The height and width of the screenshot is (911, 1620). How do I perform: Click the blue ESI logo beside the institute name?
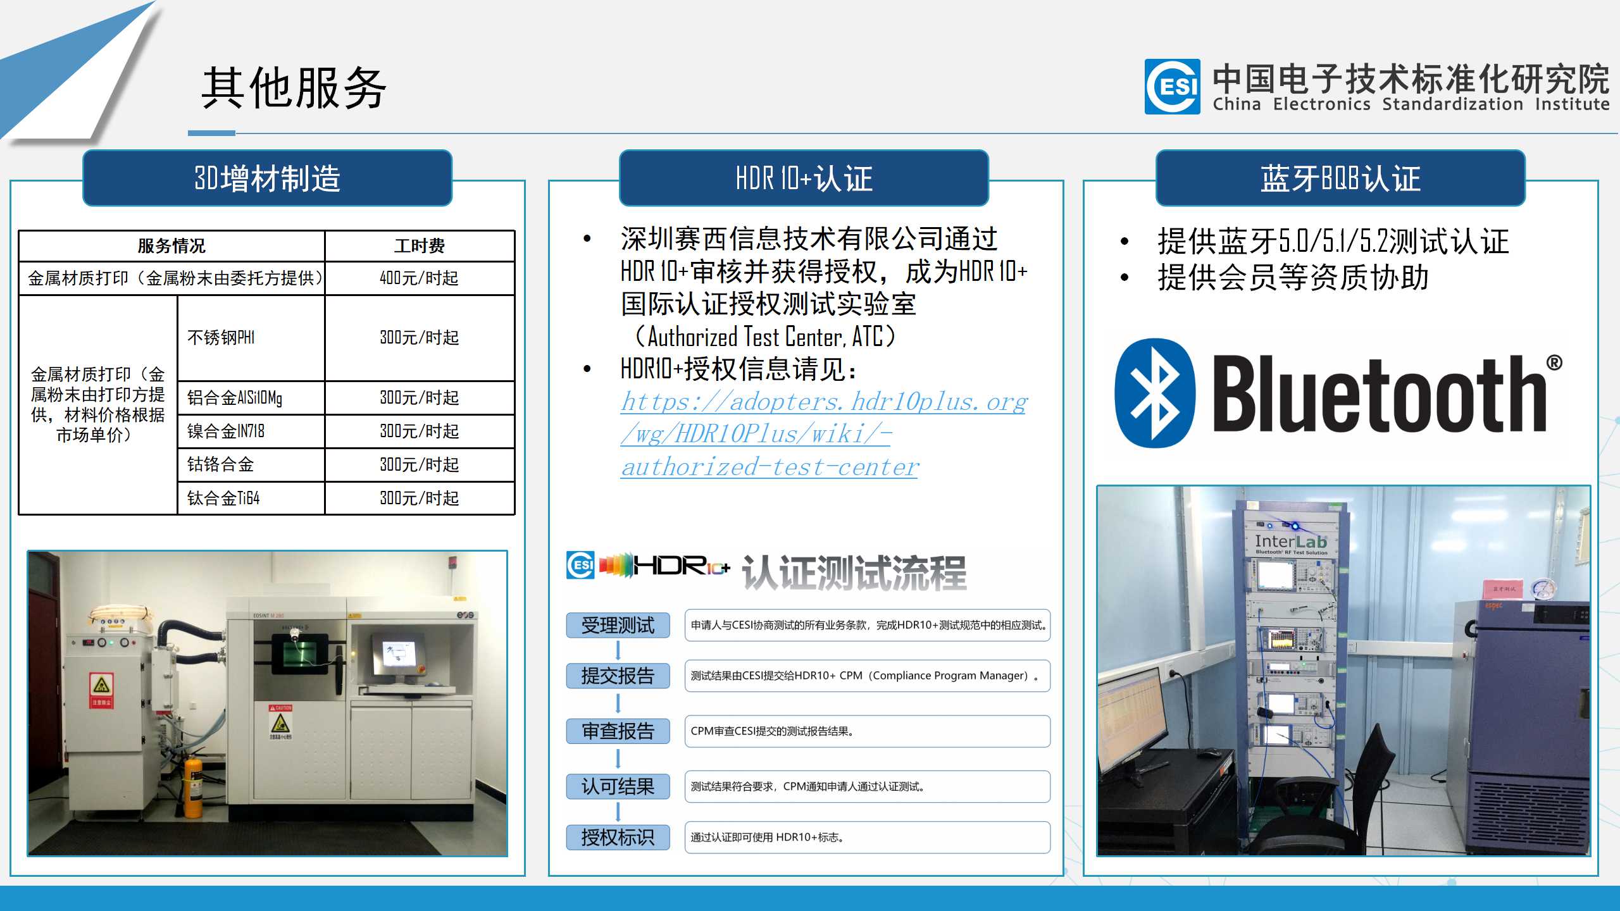pos(1172,87)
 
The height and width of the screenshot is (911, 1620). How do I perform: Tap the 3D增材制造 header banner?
pos(267,178)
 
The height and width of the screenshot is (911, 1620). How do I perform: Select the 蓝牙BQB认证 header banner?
pos(1340,178)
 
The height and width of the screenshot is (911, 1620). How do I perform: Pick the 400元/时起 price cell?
pos(419,278)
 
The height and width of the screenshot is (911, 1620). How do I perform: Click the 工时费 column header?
pos(419,245)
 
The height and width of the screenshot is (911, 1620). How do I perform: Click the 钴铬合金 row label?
pos(220,464)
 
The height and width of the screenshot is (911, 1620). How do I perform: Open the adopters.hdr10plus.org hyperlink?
pos(824,434)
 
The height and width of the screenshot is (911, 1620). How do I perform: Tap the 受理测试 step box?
pos(618,625)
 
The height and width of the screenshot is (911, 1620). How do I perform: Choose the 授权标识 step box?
pos(618,837)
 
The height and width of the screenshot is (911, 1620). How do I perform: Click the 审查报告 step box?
pos(618,731)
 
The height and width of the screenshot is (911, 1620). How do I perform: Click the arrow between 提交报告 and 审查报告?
pos(618,703)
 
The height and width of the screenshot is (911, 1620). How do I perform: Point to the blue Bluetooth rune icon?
pos(1155,393)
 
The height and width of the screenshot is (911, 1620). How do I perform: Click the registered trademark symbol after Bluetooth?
pos(1554,363)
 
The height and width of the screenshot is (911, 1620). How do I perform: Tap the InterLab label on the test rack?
pos(1290,542)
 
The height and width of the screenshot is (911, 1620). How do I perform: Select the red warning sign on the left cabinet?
pos(102,690)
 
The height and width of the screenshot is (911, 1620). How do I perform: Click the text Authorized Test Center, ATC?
pos(765,337)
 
